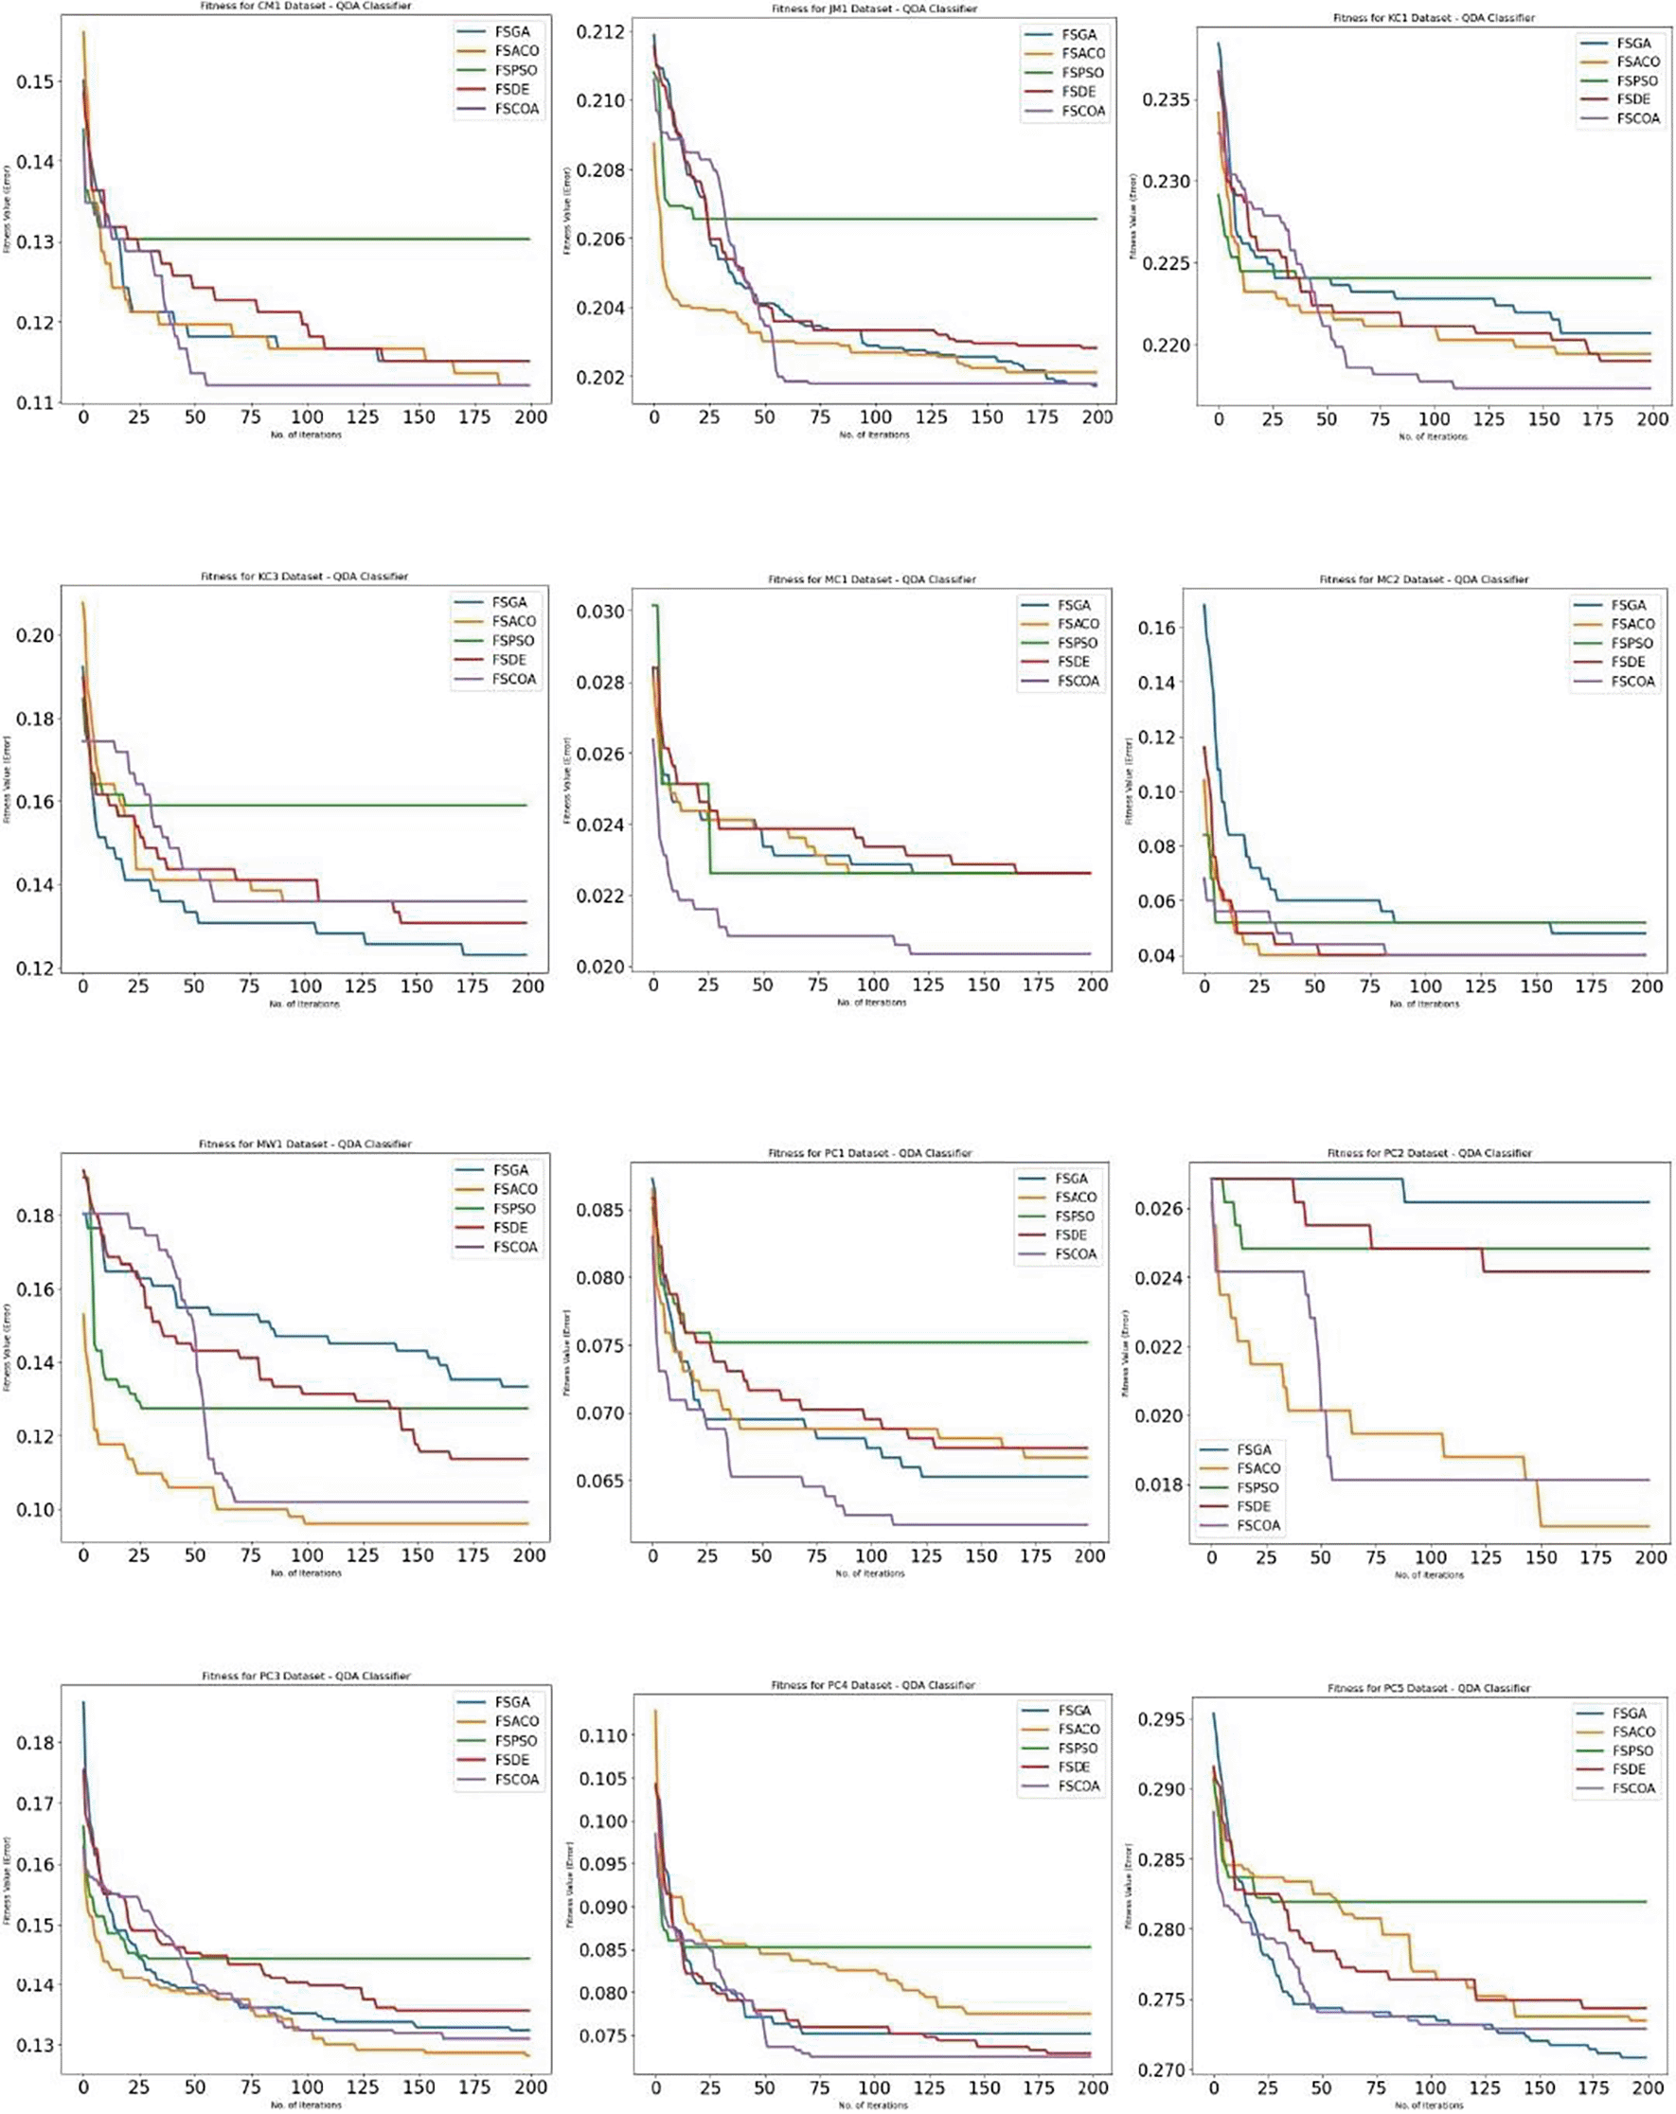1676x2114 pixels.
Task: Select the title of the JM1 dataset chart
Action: pyautogui.click(x=874, y=9)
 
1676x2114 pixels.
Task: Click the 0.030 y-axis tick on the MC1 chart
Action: pyautogui.click(x=600, y=612)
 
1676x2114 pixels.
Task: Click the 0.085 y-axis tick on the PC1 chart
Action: pyautogui.click(x=598, y=1210)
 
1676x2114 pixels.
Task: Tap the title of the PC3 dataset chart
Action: pyautogui.click(x=306, y=1677)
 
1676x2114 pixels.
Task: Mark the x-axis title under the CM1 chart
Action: pyautogui.click(x=306, y=435)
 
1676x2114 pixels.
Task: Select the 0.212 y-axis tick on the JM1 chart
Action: pyautogui.click(x=599, y=32)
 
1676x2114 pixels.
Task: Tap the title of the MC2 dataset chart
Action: pyautogui.click(x=1423, y=579)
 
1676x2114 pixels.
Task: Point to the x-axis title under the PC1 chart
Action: pyautogui.click(x=870, y=1573)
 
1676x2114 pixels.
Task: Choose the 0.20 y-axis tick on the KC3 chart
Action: pyautogui.click(x=34, y=635)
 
